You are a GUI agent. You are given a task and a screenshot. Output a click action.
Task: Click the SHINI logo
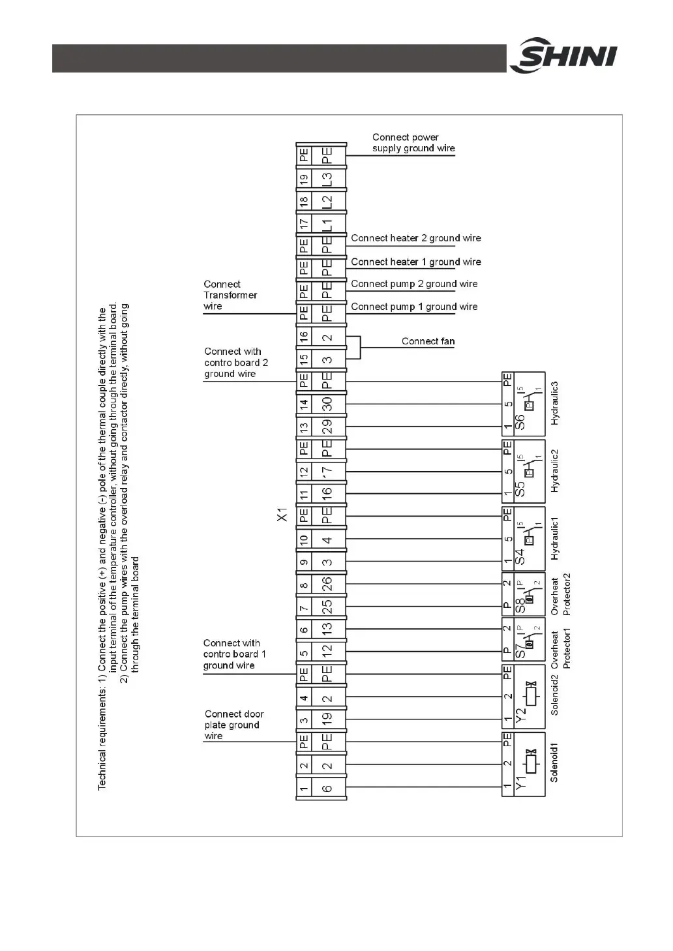click(563, 57)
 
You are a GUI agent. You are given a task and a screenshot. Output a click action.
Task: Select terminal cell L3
click(327, 178)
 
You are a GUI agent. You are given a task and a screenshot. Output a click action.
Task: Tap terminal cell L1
click(327, 224)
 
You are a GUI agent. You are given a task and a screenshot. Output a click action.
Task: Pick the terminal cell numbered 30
click(327, 404)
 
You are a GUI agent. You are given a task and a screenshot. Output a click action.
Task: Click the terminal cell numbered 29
click(327, 427)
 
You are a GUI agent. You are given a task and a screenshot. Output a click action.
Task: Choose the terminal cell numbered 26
click(327, 583)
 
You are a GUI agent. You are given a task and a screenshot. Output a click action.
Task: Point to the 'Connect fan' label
click(428, 341)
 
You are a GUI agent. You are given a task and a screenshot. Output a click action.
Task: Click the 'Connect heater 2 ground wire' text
click(415, 238)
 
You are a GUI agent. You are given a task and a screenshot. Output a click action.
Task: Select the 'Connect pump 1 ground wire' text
click(414, 307)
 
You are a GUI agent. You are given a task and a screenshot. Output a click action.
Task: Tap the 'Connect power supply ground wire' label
click(413, 143)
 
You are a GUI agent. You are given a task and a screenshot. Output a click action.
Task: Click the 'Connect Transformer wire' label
click(230, 295)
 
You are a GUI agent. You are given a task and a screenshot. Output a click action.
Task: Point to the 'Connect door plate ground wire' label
click(232, 725)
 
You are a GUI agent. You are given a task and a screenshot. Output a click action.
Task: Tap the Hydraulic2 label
click(555, 471)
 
